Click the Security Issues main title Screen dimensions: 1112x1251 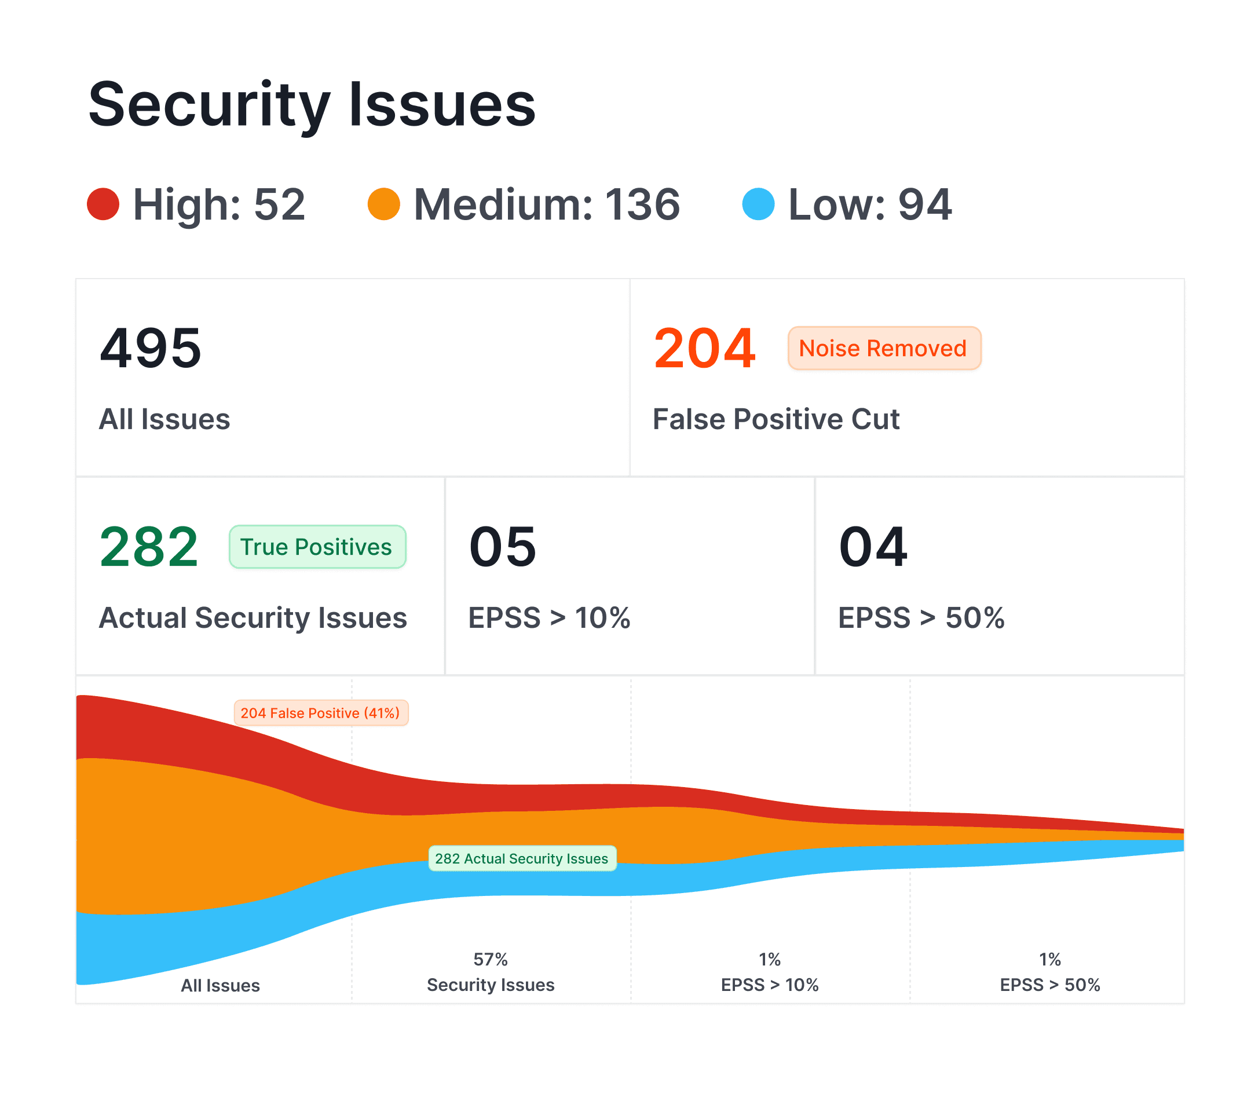312,105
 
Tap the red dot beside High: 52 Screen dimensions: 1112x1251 103,204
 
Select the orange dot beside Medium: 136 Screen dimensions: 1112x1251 384,204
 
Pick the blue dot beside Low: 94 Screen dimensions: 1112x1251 758,204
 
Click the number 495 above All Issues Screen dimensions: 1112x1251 151,348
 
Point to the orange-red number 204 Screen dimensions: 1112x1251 704,348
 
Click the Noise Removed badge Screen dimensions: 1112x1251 884,348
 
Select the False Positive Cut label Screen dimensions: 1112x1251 776,419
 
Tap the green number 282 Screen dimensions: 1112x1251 149,547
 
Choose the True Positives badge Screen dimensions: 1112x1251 317,547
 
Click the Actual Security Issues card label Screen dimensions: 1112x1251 253,617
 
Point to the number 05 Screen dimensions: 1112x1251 503,547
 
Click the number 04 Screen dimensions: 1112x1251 873,547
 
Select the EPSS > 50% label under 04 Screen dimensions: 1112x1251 920,617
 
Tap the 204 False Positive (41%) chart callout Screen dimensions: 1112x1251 321,713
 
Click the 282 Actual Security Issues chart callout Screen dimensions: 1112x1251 521,859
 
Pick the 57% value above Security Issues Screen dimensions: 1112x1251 490,959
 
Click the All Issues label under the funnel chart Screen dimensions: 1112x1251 220,985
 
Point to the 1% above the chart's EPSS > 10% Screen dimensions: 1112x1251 769,959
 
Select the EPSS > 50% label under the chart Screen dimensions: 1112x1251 1049,985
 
